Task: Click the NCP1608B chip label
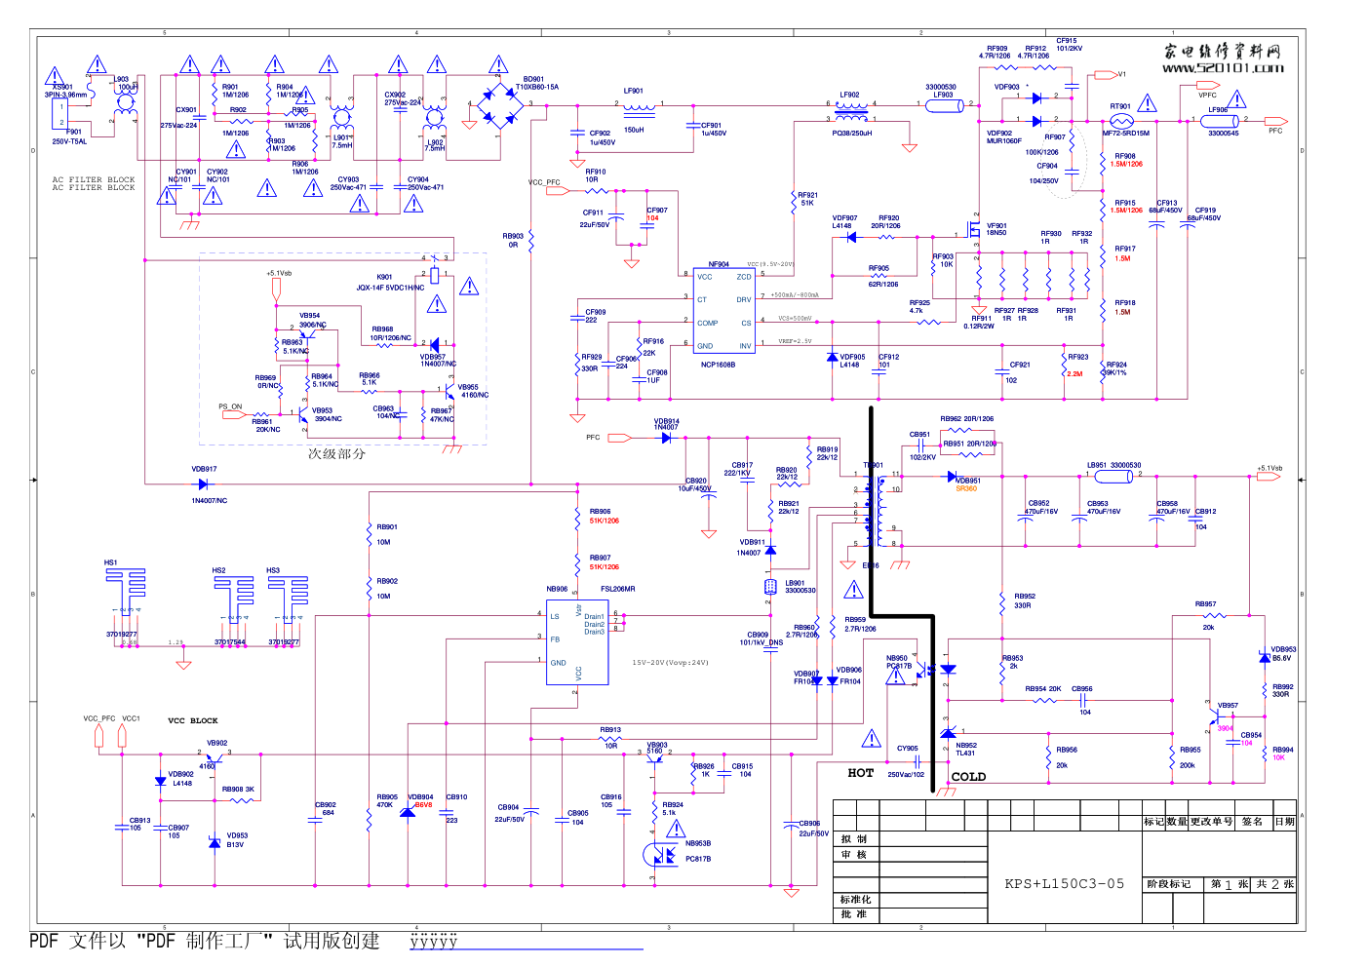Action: (x=718, y=365)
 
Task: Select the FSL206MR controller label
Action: (x=617, y=589)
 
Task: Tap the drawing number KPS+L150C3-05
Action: (x=1064, y=884)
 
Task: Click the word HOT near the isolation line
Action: (x=860, y=773)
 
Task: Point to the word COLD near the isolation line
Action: (x=968, y=777)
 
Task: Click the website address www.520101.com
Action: (x=1223, y=68)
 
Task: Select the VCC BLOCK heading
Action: (x=193, y=720)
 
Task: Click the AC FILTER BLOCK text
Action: (x=94, y=183)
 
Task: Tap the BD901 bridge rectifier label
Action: (x=533, y=79)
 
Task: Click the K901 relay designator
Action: (x=384, y=277)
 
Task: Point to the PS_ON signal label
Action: (x=230, y=406)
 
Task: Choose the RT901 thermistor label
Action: (x=1119, y=106)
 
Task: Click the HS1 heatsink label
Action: (x=110, y=562)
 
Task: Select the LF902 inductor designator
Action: (x=849, y=95)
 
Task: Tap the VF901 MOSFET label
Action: (x=996, y=225)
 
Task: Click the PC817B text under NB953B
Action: (x=697, y=859)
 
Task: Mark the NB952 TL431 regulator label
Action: (x=965, y=749)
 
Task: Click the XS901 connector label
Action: (x=62, y=87)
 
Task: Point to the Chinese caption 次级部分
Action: (x=336, y=453)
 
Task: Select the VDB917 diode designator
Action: (x=204, y=469)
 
